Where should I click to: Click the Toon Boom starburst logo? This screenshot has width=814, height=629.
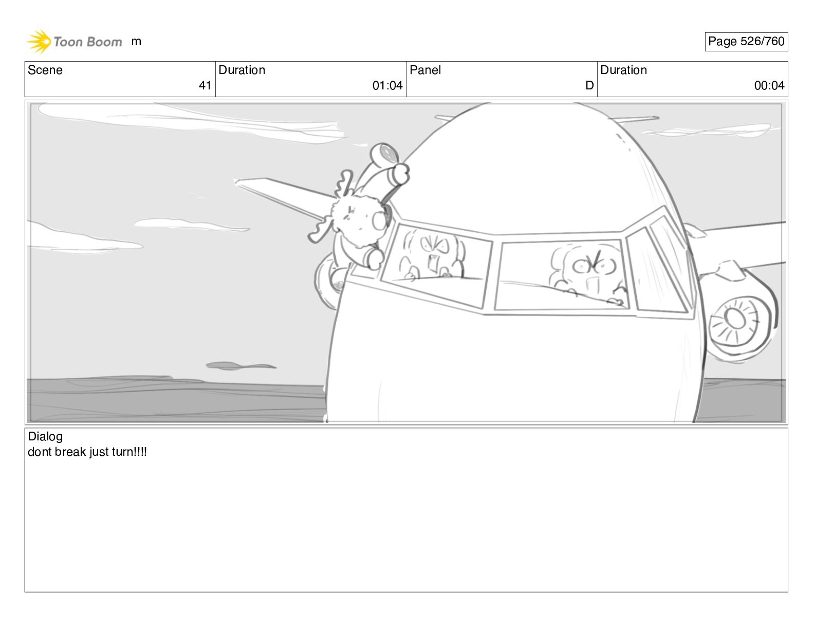pos(39,42)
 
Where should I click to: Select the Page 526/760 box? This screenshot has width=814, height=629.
pos(746,42)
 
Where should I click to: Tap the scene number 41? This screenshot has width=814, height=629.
pos(205,85)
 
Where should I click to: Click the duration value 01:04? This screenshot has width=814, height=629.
pos(387,85)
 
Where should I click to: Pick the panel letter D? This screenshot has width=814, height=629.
pos(589,85)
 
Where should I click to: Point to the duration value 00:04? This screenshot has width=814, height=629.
pos(769,85)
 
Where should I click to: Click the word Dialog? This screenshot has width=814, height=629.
pos(45,436)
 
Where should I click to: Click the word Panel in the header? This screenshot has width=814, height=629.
pos(425,70)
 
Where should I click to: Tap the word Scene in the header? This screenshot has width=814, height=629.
pos(45,70)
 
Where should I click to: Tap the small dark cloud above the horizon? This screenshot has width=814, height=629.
pos(240,366)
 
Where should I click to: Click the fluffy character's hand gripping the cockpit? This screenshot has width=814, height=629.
pos(373,258)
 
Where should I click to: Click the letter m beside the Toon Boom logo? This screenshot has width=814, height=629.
pos(136,42)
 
